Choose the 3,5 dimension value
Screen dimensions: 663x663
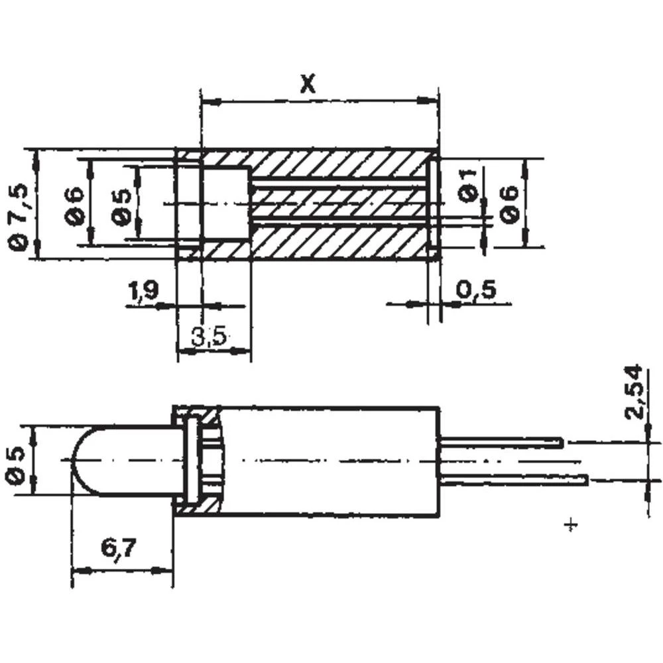(209, 337)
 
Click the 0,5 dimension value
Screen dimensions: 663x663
(477, 289)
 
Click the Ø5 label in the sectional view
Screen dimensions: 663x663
(121, 206)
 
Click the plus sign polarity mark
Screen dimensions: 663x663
(571, 525)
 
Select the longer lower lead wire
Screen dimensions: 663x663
(513, 479)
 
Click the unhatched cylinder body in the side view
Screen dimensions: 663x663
(331, 460)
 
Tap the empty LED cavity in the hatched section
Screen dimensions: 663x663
(224, 203)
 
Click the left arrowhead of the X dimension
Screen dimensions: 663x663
(208, 101)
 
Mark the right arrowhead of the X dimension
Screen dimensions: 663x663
(431, 101)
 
